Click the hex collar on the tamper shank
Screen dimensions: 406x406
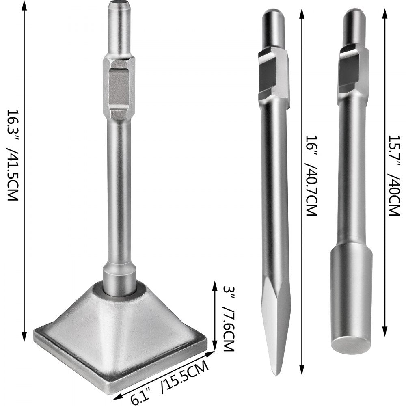coord(119,87)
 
